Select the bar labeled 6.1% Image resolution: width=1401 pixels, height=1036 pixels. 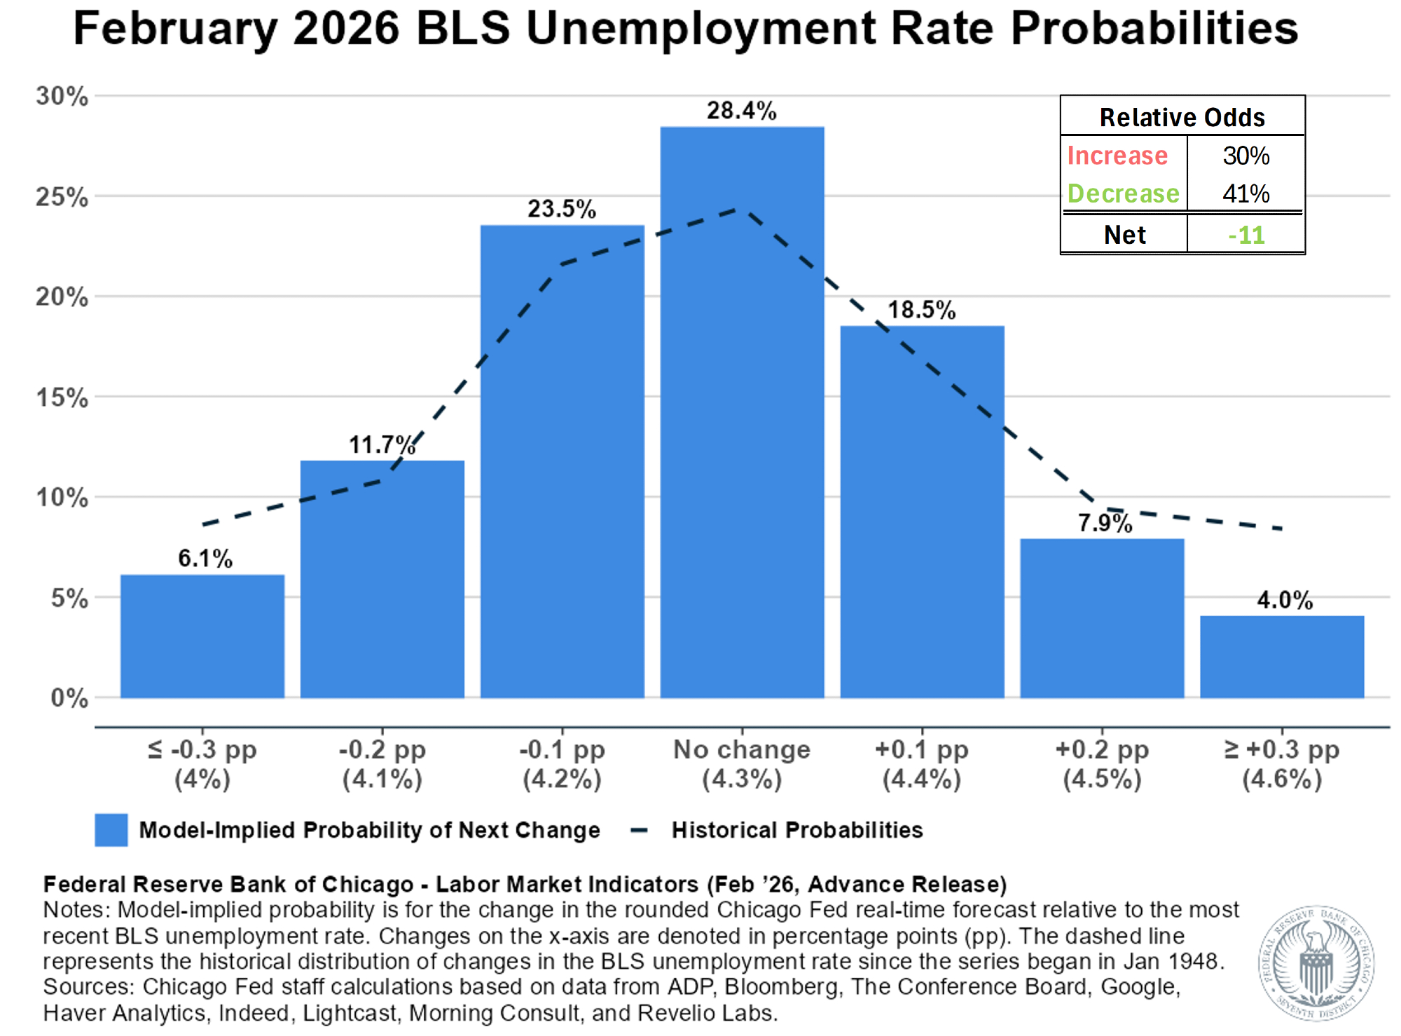click(202, 636)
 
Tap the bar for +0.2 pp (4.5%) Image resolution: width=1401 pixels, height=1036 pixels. click(1102, 618)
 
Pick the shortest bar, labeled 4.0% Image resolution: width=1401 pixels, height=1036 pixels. click(1282, 656)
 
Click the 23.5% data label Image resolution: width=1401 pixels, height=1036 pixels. click(562, 209)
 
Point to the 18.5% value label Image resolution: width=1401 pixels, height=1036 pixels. click(922, 310)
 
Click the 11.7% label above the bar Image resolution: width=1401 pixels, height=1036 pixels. click(382, 444)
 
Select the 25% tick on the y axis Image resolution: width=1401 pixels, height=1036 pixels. click(62, 197)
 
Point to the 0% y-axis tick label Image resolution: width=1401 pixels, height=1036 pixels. click(69, 698)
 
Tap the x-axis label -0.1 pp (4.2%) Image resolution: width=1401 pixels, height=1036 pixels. click(562, 764)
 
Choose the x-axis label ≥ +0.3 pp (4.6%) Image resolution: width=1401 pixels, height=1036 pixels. click(1282, 764)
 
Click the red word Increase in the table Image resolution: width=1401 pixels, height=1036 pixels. click(1117, 156)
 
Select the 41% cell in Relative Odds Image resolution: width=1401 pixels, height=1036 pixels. click(1246, 193)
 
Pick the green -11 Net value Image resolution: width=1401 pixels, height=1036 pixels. click(1246, 235)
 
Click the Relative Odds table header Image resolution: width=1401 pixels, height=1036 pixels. click(1182, 117)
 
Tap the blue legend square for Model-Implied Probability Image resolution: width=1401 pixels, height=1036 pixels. click(111, 830)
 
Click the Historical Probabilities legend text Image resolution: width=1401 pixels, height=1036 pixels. click(797, 830)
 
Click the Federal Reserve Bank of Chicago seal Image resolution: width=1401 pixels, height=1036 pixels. click(1316, 962)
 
